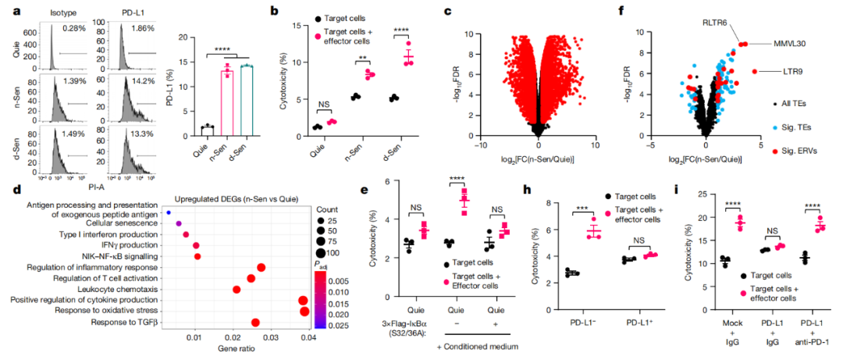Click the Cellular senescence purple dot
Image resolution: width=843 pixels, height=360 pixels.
(179, 223)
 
